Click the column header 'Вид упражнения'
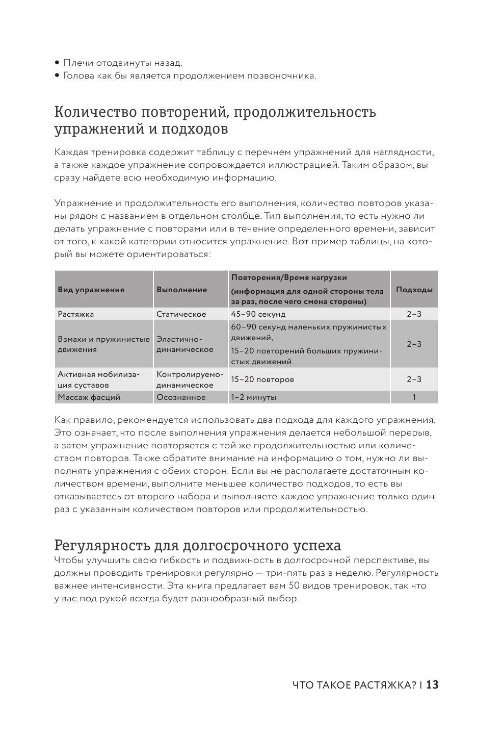tap(91, 290)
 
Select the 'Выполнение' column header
tap(182, 290)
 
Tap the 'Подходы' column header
tap(414, 290)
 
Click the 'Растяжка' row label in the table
tap(76, 314)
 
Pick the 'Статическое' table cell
tap(181, 314)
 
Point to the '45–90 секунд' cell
tap(258, 314)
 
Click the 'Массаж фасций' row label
tap(89, 397)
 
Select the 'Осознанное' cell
tap(181, 397)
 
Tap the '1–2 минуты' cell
tap(254, 397)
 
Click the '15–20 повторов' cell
tap(262, 379)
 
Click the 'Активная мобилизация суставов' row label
tap(91, 379)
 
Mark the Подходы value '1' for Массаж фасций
tap(414, 397)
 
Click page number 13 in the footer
tap(432, 685)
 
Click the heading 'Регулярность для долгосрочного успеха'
tap(198, 545)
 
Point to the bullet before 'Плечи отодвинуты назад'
tap(58, 63)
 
